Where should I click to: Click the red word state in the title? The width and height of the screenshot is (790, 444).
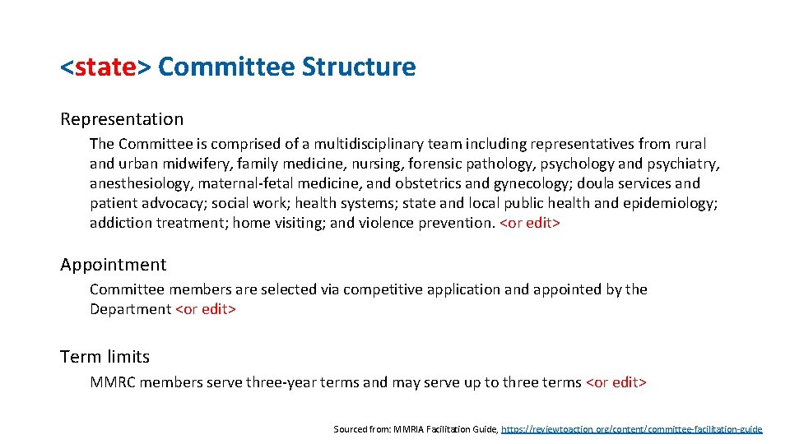[105, 67]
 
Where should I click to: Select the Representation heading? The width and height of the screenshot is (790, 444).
[122, 119]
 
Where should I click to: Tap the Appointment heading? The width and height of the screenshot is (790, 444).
[113, 265]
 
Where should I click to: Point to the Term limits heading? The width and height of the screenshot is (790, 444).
[105, 357]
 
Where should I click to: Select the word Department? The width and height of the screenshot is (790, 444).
[131, 309]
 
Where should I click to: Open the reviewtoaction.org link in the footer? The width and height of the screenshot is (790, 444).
[631, 429]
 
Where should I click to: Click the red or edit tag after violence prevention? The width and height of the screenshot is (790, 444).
[530, 223]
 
